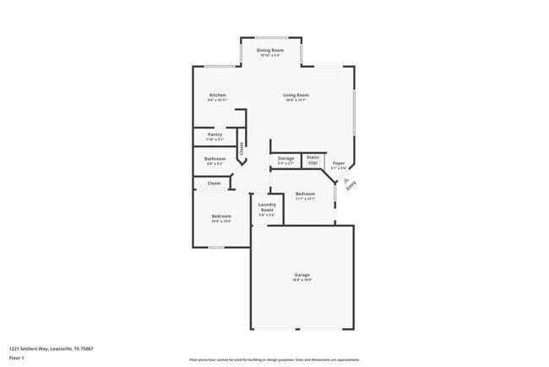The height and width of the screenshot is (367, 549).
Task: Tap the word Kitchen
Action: tap(217, 96)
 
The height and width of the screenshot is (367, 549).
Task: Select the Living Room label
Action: tap(296, 96)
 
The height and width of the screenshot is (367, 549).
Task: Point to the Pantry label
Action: tap(215, 135)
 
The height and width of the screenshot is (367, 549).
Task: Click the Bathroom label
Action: tap(215, 158)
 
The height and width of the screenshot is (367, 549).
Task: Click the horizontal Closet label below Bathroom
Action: tap(214, 183)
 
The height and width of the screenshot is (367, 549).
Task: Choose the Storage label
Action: tap(286, 158)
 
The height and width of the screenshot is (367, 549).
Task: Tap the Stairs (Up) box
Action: tap(313, 159)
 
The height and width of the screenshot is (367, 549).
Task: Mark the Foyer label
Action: tap(338, 163)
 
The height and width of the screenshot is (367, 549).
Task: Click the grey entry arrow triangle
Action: tap(345, 180)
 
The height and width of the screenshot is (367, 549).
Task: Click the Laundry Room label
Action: tap(267, 207)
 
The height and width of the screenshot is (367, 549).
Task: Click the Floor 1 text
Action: tap(17, 358)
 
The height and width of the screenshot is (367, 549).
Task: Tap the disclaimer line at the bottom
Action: tap(274, 359)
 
